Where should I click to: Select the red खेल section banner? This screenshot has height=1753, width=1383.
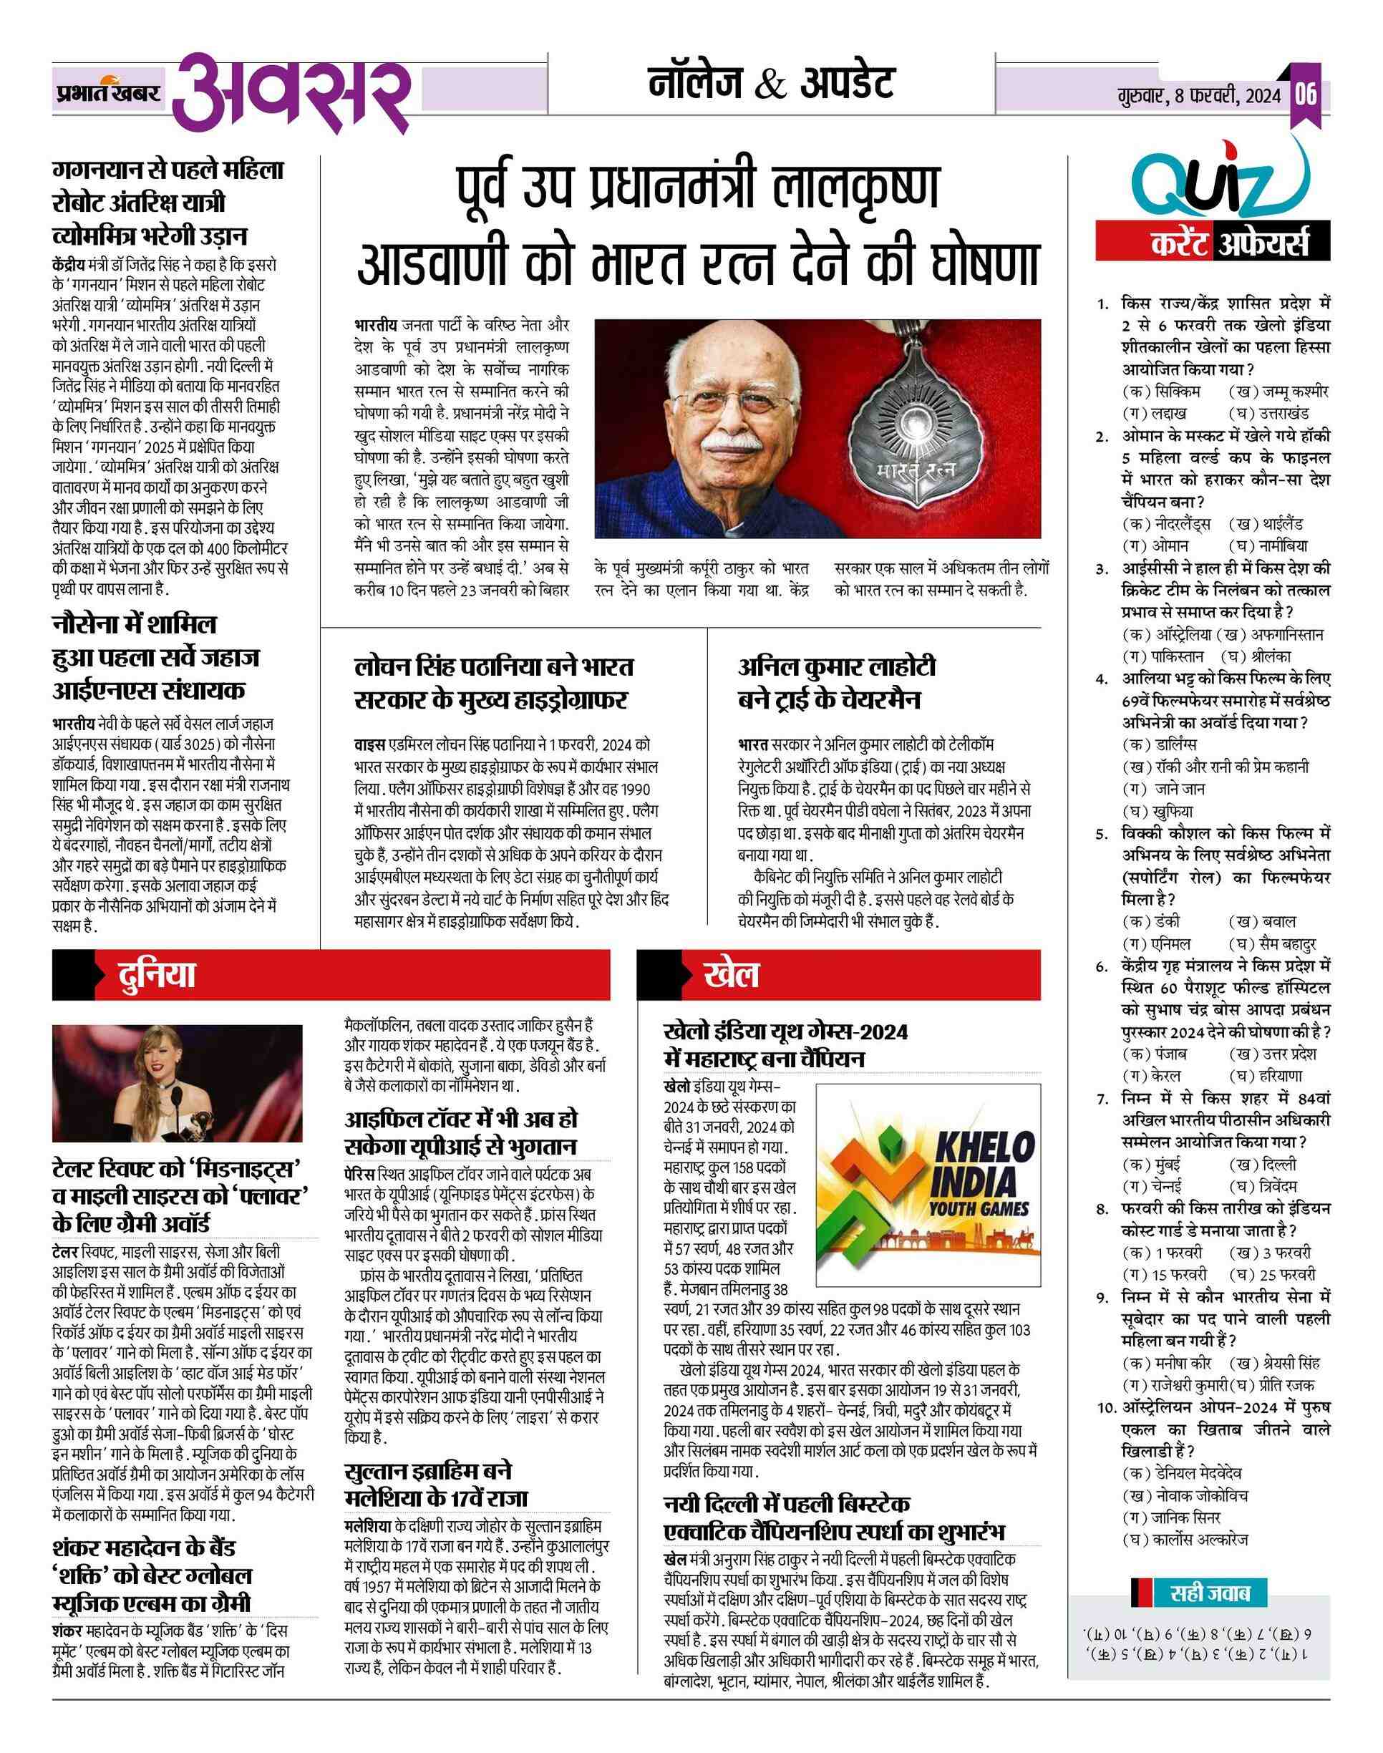tap(838, 975)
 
